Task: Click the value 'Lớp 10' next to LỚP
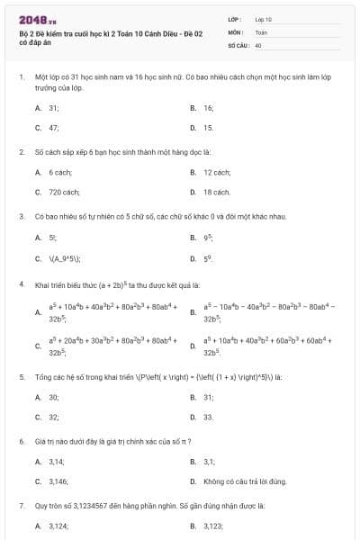(x=264, y=18)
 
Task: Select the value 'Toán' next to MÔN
(x=261, y=31)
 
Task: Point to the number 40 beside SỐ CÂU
(x=258, y=44)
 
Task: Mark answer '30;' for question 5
(x=54, y=396)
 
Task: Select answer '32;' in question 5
(x=54, y=417)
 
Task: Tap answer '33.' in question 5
(x=209, y=417)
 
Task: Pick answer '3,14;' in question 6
(x=57, y=461)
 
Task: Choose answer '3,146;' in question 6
(x=58, y=481)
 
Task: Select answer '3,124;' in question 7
(x=58, y=526)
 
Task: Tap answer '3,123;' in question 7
(x=213, y=526)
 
